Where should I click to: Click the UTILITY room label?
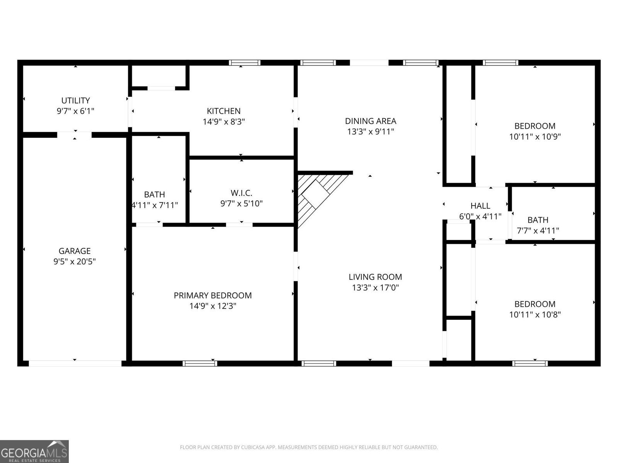76,100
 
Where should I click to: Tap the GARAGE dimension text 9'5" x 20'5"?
75,262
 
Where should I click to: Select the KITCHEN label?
224,111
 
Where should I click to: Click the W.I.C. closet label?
241,193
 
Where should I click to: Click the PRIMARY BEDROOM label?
212,296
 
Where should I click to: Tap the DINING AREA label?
370,121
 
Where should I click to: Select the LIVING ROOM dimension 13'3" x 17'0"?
375,287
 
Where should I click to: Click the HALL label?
480,206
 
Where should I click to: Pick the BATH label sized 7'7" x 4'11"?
538,220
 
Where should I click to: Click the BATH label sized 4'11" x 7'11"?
154,194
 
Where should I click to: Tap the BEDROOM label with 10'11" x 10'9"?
535,126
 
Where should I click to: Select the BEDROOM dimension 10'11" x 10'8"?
535,314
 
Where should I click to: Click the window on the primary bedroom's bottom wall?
200,363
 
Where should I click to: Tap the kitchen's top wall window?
244,63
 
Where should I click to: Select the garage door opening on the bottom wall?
75,363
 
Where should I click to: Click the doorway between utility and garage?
75,135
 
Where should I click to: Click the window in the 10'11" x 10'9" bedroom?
500,63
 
